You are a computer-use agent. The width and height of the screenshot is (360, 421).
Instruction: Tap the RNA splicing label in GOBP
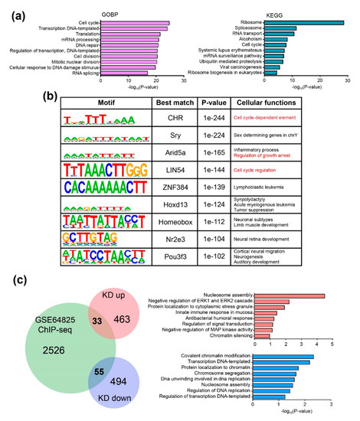(80, 74)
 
